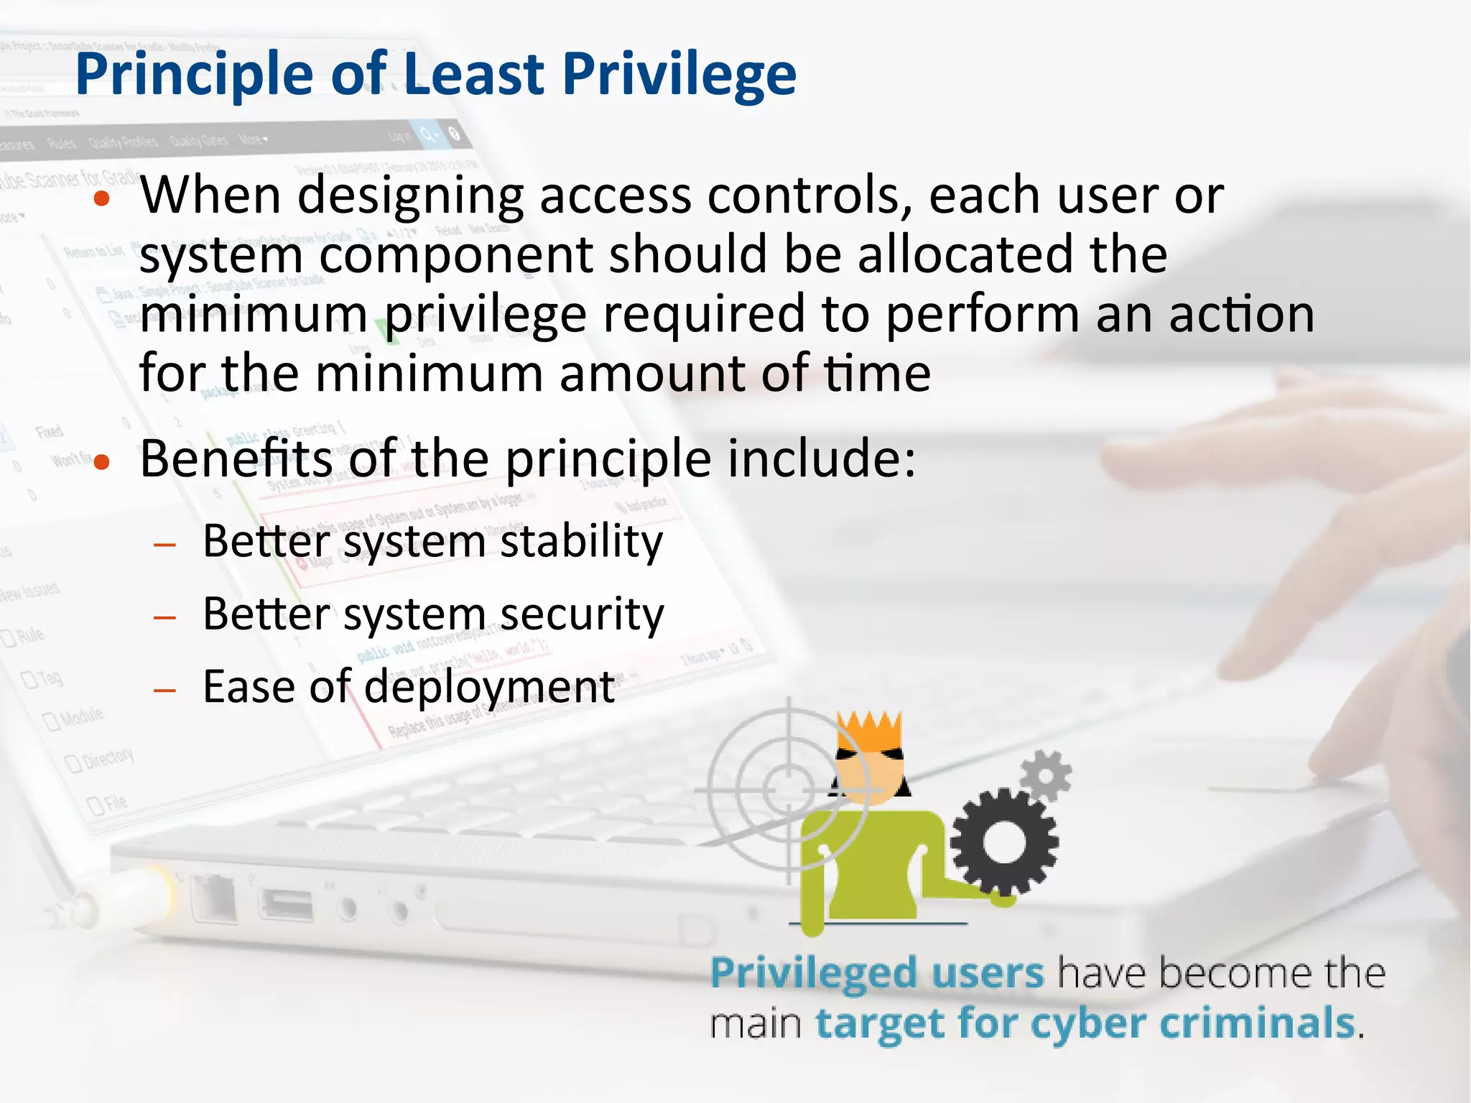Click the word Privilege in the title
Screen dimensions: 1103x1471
(x=679, y=74)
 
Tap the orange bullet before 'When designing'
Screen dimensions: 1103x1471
(x=102, y=199)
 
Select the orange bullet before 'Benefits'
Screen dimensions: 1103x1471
(x=102, y=462)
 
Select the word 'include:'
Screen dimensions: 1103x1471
(x=822, y=458)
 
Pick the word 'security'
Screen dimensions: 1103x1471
(x=582, y=615)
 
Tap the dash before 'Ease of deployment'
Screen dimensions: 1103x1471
(x=164, y=691)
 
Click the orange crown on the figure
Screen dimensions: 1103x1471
(x=870, y=732)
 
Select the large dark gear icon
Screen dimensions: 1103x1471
(x=1003, y=841)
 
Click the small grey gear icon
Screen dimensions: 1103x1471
(x=1046, y=776)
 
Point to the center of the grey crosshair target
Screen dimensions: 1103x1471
(x=789, y=790)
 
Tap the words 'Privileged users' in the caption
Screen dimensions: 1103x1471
(x=876, y=974)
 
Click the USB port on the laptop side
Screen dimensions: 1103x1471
(x=287, y=904)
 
